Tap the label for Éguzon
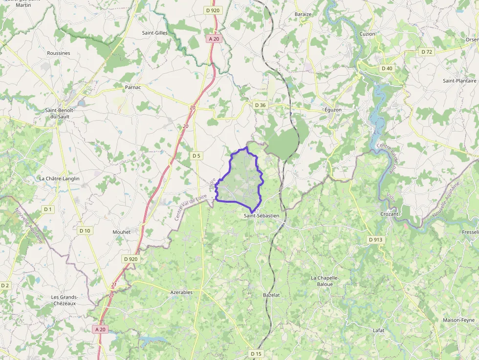(333, 110)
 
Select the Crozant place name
(390, 214)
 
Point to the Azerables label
(181, 292)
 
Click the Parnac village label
(133, 87)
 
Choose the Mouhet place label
(121, 232)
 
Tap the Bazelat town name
(271, 296)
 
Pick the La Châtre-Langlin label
(59, 179)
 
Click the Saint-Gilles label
(154, 33)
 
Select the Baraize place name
(303, 14)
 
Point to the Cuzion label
(368, 34)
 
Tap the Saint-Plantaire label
(459, 81)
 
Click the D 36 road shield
(260, 105)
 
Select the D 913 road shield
(375, 239)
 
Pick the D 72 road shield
(427, 52)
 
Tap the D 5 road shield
(196, 156)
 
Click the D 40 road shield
(387, 68)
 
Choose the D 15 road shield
(256, 353)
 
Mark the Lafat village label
(378, 331)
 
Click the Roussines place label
(59, 53)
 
